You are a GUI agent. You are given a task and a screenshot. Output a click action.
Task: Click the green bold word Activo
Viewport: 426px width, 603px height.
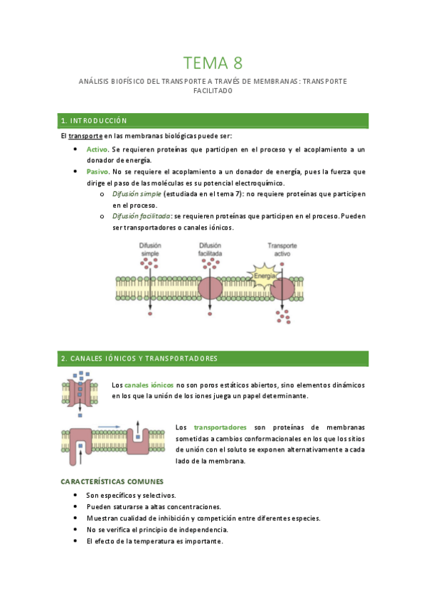97,149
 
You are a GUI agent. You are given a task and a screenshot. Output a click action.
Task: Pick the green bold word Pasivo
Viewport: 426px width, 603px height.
97,171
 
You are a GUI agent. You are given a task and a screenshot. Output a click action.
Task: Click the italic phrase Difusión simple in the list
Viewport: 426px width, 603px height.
137,193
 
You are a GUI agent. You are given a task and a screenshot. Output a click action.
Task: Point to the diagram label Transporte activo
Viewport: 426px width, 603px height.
282,250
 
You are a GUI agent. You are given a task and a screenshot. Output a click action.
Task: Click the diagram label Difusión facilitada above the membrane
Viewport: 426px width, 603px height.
211,250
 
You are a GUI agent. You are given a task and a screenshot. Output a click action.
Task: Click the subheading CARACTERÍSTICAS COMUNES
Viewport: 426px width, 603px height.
112,481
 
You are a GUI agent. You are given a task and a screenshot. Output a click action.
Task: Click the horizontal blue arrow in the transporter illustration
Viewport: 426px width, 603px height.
109,426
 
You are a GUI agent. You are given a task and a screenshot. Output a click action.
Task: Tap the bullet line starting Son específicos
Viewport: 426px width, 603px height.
131,495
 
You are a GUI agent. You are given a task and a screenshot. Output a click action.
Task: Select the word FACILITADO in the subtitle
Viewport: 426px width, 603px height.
213,91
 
